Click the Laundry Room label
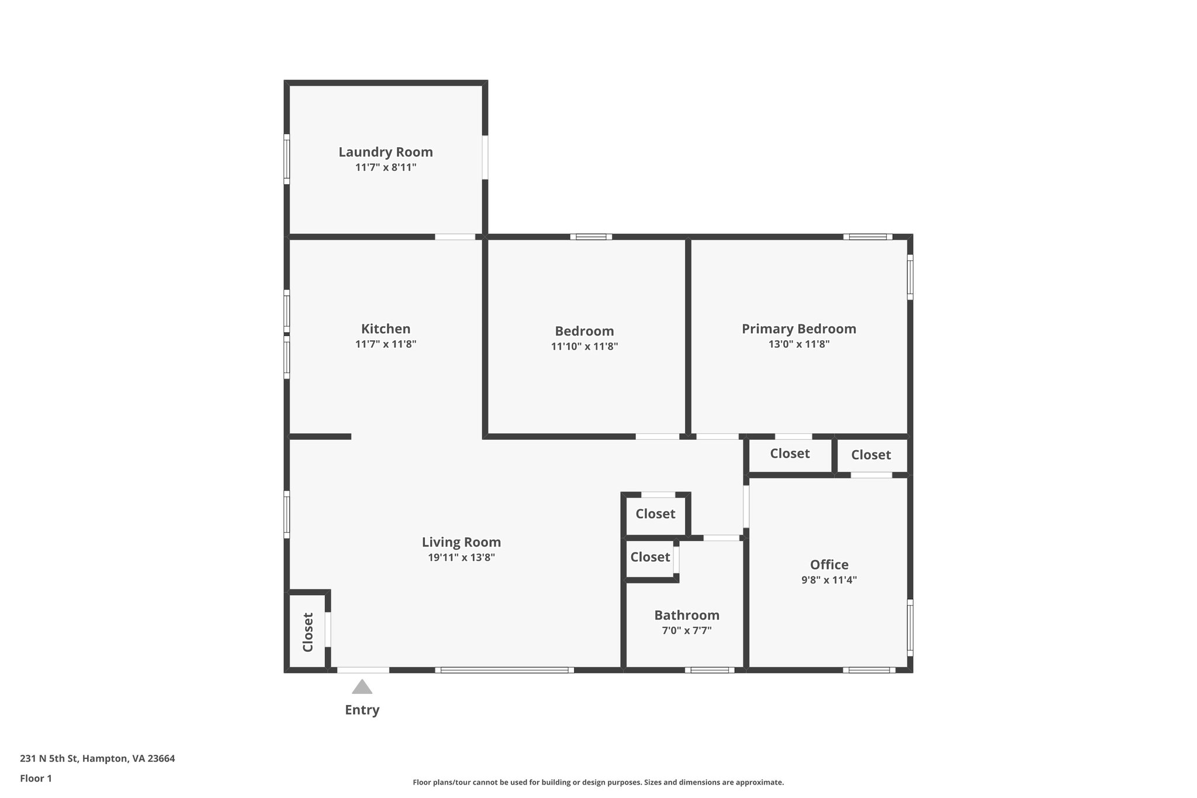[386, 152]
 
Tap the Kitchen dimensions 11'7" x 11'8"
[386, 344]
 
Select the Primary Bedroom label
[799, 329]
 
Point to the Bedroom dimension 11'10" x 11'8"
[584, 346]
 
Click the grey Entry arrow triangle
[362, 688]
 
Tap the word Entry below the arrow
[362, 710]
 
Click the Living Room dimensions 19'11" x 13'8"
[461, 558]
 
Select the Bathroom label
[686, 615]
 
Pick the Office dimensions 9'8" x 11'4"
[829, 580]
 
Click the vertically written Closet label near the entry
[308, 632]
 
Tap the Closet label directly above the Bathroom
[650, 557]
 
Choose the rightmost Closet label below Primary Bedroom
[871, 455]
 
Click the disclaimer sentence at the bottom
[598, 782]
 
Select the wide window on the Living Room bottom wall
[504, 670]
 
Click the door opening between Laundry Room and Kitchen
[455, 237]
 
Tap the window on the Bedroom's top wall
[591, 237]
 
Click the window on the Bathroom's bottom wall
[710, 670]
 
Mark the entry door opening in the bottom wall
[363, 670]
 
